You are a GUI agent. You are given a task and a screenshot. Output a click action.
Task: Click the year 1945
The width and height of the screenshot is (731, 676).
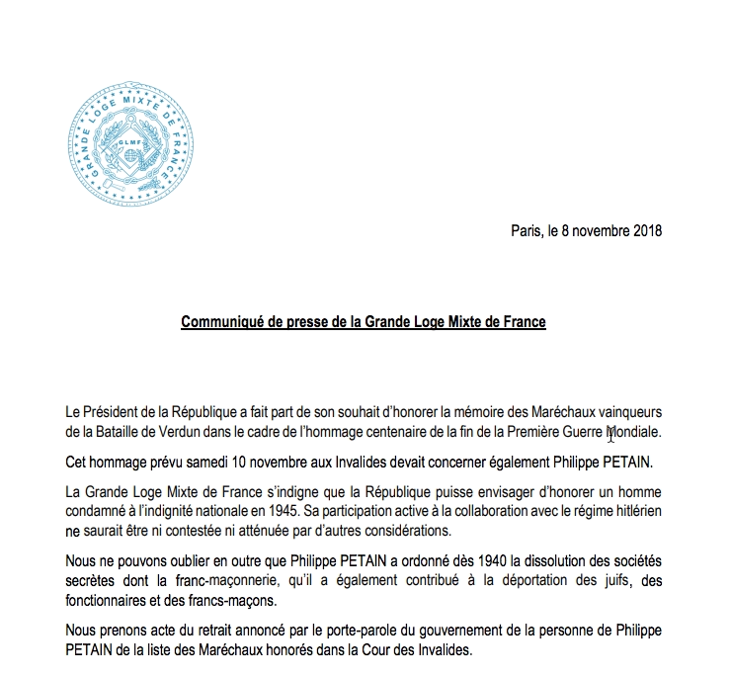tap(341, 512)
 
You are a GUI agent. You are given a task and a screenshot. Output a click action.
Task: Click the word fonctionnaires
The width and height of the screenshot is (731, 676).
tap(109, 604)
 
